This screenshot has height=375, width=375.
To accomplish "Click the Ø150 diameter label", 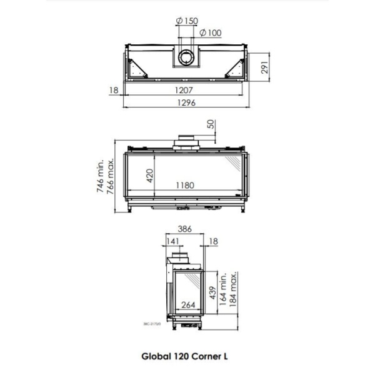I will pos(187,21).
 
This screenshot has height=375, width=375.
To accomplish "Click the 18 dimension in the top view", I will pos(113,91).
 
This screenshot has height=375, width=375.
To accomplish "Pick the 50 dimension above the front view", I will pos(210,124).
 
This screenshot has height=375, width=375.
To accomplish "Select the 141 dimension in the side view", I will pos(172,241).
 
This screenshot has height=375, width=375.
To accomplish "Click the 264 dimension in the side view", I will pos(189,306).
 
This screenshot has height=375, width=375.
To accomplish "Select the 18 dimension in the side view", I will pos(214,241).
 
